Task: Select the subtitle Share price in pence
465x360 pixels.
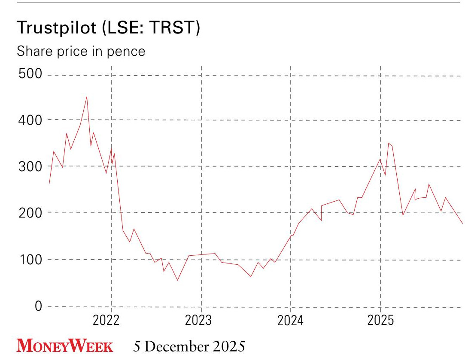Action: (81, 51)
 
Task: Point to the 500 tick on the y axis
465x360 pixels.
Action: (30, 74)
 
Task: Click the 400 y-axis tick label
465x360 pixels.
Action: (30, 120)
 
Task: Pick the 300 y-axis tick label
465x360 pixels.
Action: (30, 166)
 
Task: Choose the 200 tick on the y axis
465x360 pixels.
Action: (30, 213)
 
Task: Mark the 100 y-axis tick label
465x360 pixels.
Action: (30, 260)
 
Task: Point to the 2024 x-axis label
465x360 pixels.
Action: (291, 321)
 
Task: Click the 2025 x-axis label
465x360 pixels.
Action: (381, 321)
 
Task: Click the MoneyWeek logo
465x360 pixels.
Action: (65, 346)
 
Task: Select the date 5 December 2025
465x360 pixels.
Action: (189, 346)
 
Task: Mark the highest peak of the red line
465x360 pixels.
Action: (87, 97)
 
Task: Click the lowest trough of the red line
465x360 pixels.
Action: (177, 280)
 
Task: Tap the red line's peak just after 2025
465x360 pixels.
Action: (389, 143)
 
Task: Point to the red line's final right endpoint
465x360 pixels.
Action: (462, 223)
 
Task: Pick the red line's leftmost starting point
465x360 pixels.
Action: (49, 184)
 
